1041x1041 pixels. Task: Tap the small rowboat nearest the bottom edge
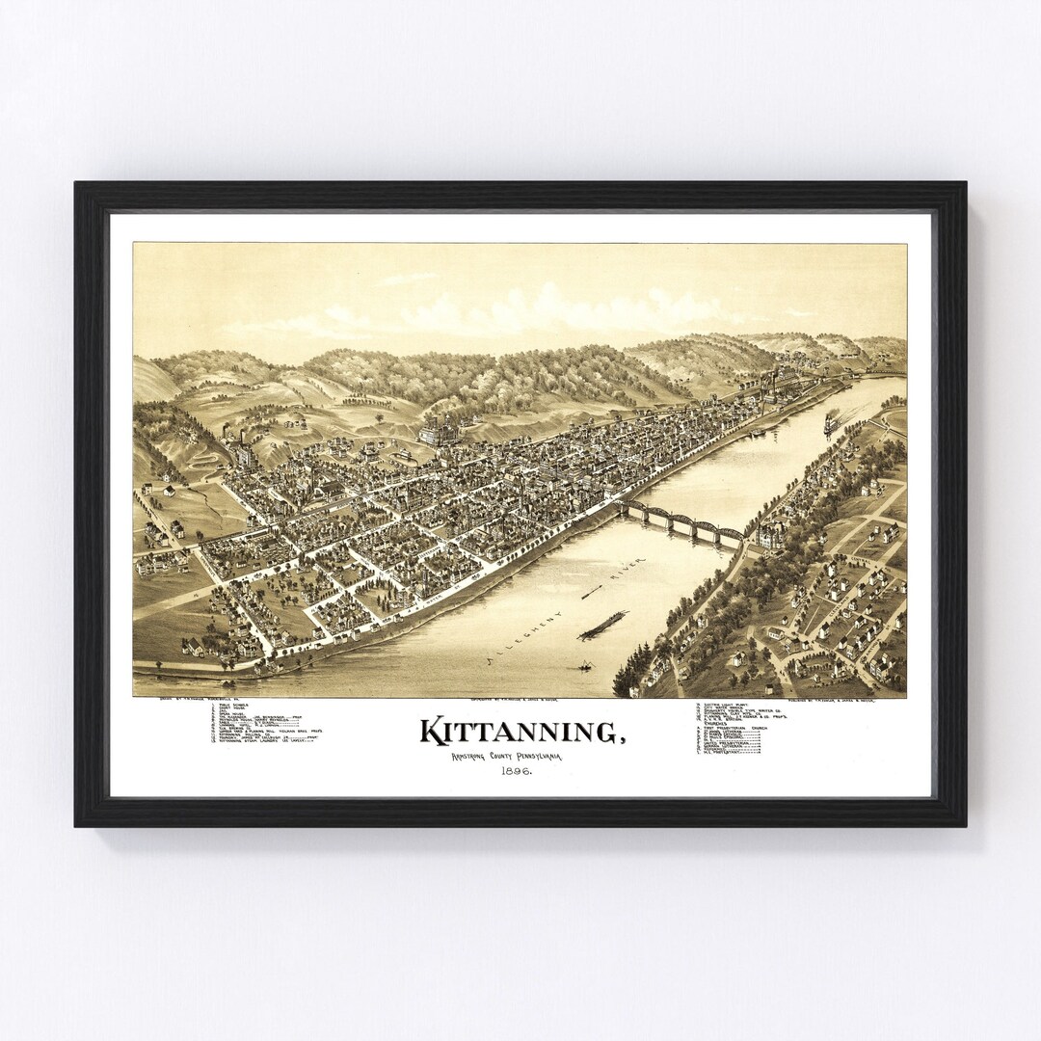point(584,665)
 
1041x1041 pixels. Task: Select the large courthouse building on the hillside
point(440,428)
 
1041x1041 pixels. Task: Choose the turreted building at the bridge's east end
point(771,534)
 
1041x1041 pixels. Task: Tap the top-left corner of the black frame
point(77,184)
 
